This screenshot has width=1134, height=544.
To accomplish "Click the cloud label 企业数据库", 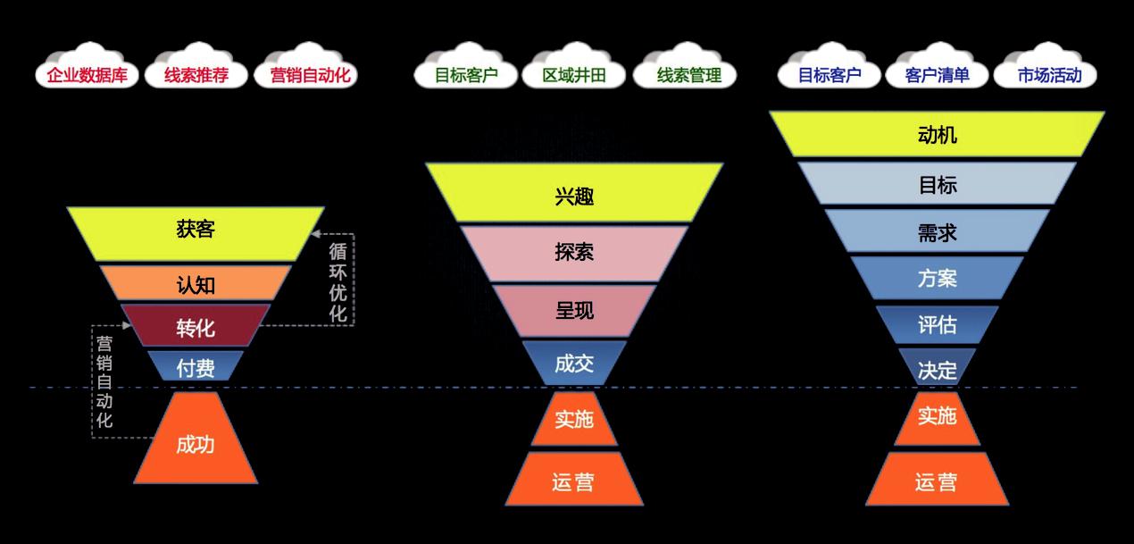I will (87, 75).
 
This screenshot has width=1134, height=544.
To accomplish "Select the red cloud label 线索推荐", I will (196, 75).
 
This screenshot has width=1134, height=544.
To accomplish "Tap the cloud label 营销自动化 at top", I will (308, 75).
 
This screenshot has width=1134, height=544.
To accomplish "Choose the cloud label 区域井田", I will (574, 75).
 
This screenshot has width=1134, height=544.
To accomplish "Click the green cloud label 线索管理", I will (688, 75).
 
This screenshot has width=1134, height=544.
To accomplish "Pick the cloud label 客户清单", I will (937, 75).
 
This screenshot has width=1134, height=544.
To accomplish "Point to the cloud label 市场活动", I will (1049, 75).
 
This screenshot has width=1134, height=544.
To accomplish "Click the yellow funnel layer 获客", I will (196, 231).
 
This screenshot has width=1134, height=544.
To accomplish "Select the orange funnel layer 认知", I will (196, 284).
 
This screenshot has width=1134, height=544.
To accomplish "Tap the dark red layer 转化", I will (196, 327).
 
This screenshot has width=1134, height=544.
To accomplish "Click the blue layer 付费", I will (196, 366).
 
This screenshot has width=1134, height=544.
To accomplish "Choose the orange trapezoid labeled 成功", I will (196, 444).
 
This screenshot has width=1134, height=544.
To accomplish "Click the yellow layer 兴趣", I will (574, 194).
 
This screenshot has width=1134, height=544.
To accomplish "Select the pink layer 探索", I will (574, 253).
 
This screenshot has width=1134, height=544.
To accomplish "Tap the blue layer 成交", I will (574, 362).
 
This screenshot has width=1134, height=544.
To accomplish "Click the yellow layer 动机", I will (937, 135).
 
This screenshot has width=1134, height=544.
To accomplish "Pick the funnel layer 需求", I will (937, 231).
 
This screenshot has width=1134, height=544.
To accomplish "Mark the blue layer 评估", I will (937, 325).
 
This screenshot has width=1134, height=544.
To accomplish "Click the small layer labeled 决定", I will (937, 369).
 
